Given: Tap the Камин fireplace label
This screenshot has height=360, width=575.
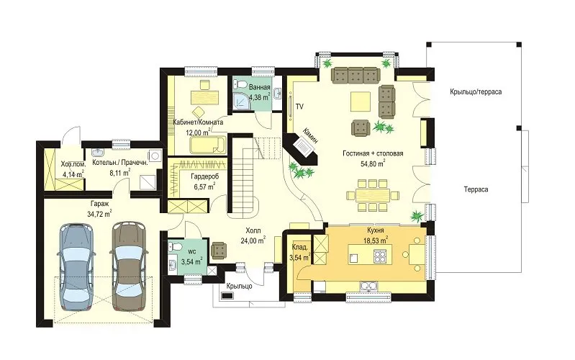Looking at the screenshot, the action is point(310,135).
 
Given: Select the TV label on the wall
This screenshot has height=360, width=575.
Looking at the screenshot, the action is point(299,107).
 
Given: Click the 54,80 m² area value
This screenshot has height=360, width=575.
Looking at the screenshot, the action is point(373,163).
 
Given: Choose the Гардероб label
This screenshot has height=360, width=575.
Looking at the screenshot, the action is point(204,176).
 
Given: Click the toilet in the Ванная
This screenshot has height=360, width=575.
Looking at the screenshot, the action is point(240,84).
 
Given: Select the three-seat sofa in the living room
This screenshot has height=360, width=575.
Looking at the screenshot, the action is point(355,75).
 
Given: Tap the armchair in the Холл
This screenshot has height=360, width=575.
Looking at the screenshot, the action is point(219,251).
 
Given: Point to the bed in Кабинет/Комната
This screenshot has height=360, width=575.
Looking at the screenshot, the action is point(208,145).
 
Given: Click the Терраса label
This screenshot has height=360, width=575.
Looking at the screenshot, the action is point(476,190).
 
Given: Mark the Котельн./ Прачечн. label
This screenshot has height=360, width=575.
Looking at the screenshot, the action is point(120,162).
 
